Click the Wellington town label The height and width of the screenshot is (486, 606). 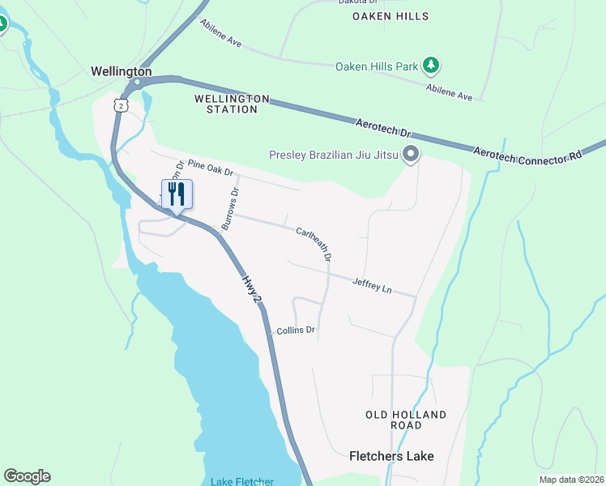122,71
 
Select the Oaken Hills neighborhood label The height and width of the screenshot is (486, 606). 390,16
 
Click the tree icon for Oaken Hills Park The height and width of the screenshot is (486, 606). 432,66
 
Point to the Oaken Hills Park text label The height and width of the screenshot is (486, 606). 378,66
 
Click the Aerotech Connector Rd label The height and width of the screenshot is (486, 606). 538,156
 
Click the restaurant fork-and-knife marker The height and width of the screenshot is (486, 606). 176,194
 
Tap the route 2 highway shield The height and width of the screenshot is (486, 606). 121,105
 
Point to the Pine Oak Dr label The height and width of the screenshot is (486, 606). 210,168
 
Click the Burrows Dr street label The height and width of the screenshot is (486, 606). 231,209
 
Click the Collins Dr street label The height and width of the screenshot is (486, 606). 295,330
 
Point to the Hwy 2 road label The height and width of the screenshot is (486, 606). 252,289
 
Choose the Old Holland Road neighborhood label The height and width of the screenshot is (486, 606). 406,420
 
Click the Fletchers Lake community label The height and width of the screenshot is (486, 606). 391,456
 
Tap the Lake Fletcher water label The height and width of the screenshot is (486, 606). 241,481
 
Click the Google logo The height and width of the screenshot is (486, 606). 27,476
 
